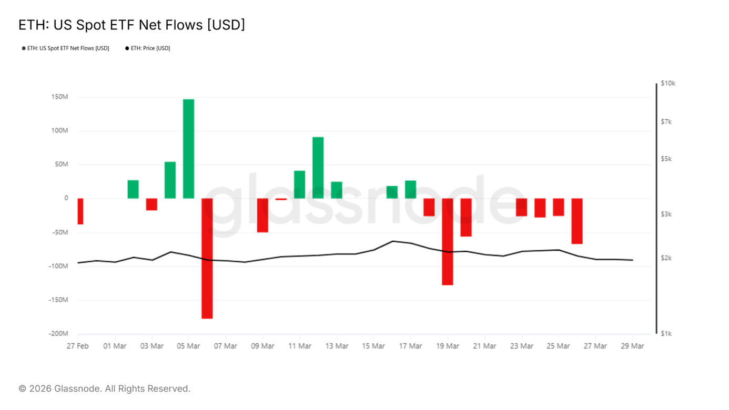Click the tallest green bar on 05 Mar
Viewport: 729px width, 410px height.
click(188, 149)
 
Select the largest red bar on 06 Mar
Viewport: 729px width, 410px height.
click(207, 258)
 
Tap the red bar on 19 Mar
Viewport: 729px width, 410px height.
click(448, 241)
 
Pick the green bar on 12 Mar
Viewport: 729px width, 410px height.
click(318, 168)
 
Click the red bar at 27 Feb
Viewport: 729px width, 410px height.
click(80, 211)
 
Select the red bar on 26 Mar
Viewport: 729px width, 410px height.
click(577, 221)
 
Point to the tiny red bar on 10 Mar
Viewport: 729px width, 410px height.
click(281, 199)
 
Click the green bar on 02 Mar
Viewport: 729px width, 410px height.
click(133, 189)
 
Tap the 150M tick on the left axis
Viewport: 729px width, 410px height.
click(59, 97)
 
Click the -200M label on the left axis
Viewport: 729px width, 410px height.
click(59, 334)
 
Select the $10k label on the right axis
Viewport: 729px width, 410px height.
click(668, 84)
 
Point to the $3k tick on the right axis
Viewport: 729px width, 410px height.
click(666, 214)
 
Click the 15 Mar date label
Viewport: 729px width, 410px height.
click(373, 346)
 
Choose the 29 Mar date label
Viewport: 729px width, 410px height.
click(632, 346)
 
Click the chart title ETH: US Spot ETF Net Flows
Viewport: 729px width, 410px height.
click(131, 25)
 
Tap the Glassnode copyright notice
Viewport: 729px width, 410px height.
click(104, 389)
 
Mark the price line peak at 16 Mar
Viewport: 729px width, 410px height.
click(392, 241)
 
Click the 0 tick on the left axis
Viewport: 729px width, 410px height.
click(66, 198)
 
